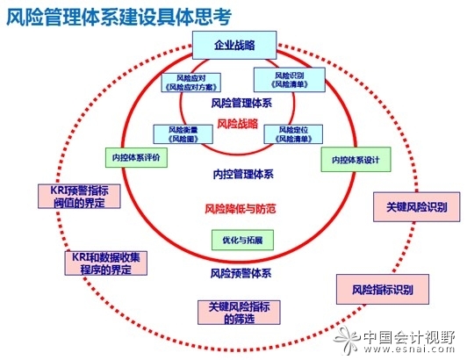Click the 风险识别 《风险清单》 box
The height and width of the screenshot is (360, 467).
pyautogui.click(x=290, y=80)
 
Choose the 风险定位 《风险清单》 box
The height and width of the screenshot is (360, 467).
pyautogui.click(x=291, y=133)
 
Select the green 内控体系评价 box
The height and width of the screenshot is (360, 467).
pyautogui.click(x=131, y=157)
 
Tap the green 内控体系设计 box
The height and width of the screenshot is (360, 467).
pyautogui.click(x=349, y=159)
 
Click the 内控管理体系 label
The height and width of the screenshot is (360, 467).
pyautogui.click(x=240, y=174)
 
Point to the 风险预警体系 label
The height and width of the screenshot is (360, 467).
pyautogui.click(x=241, y=273)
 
